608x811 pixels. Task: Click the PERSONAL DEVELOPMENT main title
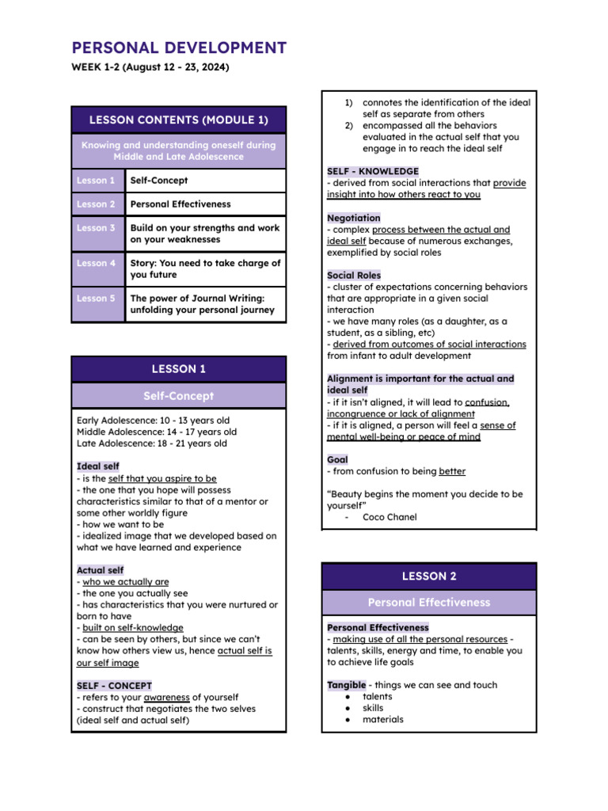(x=179, y=48)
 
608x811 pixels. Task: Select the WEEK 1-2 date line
(x=150, y=68)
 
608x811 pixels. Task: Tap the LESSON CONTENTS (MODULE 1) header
(x=178, y=120)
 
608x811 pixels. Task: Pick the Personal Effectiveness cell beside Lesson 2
(x=180, y=204)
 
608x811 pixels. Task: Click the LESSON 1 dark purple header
(x=178, y=369)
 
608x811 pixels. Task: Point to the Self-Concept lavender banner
(x=178, y=396)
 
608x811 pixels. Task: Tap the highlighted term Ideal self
(x=98, y=467)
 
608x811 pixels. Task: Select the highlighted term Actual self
(x=101, y=570)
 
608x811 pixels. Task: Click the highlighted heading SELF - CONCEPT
(x=114, y=686)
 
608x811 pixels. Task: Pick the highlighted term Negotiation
(x=353, y=218)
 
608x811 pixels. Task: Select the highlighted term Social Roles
(x=354, y=276)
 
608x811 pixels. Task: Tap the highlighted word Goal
(x=337, y=459)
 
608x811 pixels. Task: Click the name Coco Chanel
(x=389, y=517)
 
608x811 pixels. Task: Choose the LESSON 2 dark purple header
(x=428, y=577)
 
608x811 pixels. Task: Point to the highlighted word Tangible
(x=347, y=685)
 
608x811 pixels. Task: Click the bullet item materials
(x=382, y=720)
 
